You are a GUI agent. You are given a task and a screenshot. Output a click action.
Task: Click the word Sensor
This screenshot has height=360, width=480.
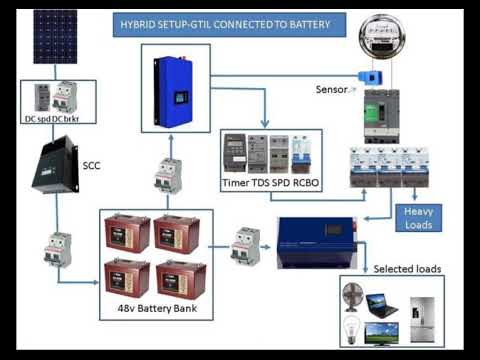pos(330,89)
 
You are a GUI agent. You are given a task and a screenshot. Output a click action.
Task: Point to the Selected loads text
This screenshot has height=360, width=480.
pos(407,269)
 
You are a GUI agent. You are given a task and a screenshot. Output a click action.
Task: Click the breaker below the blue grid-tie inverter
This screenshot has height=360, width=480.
pos(167,176)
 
